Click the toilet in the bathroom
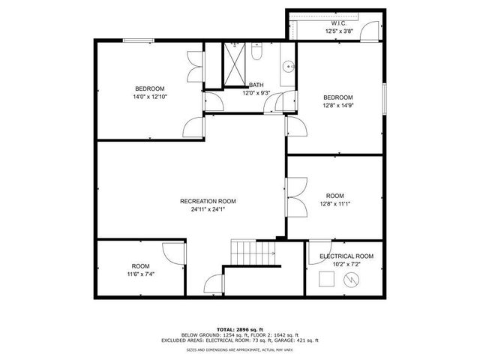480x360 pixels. pyautogui.click(x=256, y=54)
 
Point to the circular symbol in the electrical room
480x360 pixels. pyautogui.click(x=349, y=280)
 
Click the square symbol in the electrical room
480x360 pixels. pyautogui.click(x=326, y=279)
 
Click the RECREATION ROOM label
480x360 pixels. pyautogui.click(x=208, y=201)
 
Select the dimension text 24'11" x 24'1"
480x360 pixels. pyautogui.click(x=208, y=210)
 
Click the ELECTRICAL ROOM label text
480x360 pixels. pyautogui.click(x=346, y=256)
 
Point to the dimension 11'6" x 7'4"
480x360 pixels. pyautogui.click(x=140, y=275)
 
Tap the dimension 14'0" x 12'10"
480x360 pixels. pyautogui.click(x=149, y=97)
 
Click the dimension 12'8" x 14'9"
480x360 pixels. pyautogui.click(x=338, y=106)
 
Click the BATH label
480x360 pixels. pyautogui.click(x=256, y=85)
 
